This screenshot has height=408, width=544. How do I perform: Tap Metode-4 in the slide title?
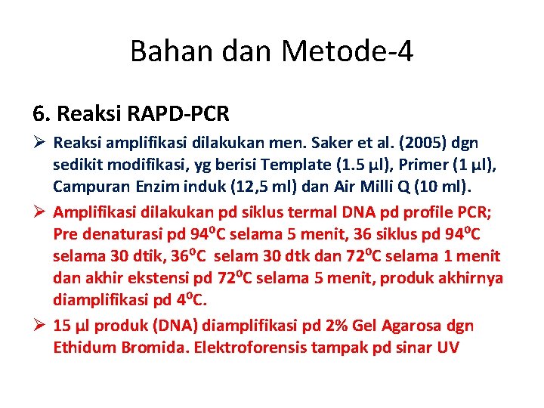pos(347,51)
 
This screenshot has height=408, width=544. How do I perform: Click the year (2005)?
pos(410,143)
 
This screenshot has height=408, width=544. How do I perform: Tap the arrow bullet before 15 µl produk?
pos(40,326)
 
